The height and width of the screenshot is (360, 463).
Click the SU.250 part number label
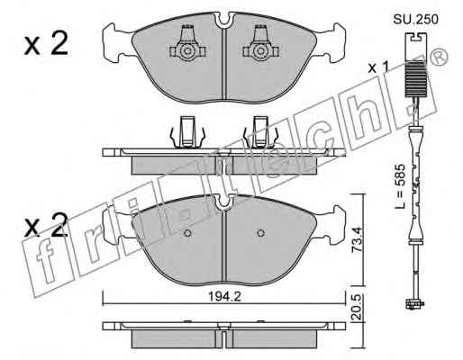click(x=416, y=20)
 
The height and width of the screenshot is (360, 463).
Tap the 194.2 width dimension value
click(x=225, y=297)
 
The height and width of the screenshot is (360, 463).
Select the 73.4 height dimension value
click(x=357, y=239)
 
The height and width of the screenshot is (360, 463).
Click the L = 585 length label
click(x=400, y=186)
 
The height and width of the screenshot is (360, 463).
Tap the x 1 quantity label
click(x=379, y=67)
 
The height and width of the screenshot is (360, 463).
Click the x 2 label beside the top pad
click(x=46, y=44)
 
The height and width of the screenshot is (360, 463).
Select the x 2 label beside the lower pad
click(x=46, y=226)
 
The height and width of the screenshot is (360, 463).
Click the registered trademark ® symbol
click(x=440, y=58)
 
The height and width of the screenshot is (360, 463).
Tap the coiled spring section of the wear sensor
click(x=415, y=79)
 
